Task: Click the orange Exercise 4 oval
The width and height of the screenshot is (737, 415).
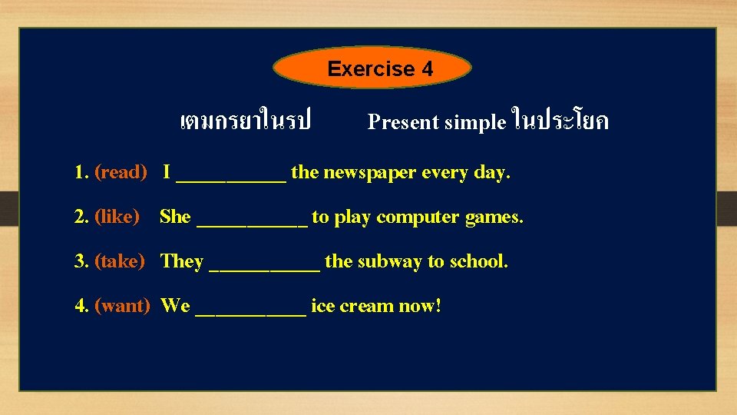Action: point(372,69)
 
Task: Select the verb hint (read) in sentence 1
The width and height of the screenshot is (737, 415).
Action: point(120,173)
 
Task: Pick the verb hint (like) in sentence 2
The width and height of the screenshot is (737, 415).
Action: point(117,217)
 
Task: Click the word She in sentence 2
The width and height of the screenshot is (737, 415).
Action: point(175,217)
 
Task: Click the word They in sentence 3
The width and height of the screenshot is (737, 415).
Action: point(182,262)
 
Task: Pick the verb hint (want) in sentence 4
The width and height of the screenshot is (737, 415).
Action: point(121,307)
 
